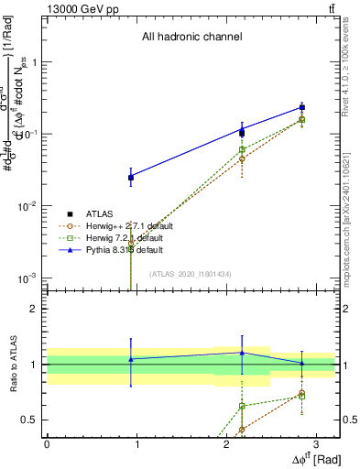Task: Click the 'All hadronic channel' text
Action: pyautogui.click(x=191, y=38)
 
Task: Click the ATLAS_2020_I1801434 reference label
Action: pyautogui.click(x=191, y=274)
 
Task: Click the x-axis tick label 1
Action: pyautogui.click(x=136, y=444)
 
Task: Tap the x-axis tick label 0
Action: pyautogui.click(x=47, y=444)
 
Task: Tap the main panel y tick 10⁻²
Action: pyautogui.click(x=28, y=206)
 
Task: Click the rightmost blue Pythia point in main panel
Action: pyautogui.click(x=301, y=107)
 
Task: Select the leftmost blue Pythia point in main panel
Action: pyautogui.click(x=131, y=177)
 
